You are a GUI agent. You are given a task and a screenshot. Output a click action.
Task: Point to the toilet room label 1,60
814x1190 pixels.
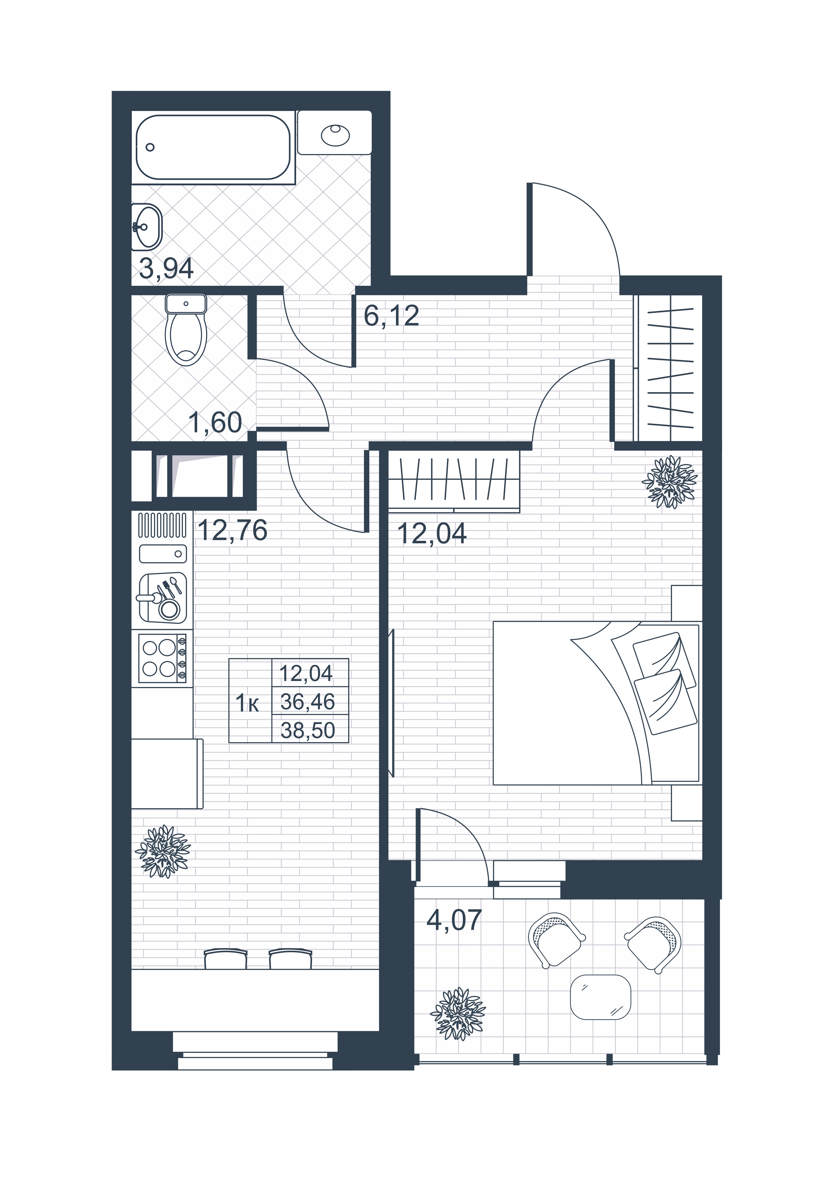pyautogui.click(x=215, y=423)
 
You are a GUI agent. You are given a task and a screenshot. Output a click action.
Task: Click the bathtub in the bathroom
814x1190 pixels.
pyautogui.click(x=214, y=147)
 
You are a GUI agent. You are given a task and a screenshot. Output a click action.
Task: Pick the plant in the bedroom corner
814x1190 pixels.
pyautogui.click(x=669, y=481)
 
